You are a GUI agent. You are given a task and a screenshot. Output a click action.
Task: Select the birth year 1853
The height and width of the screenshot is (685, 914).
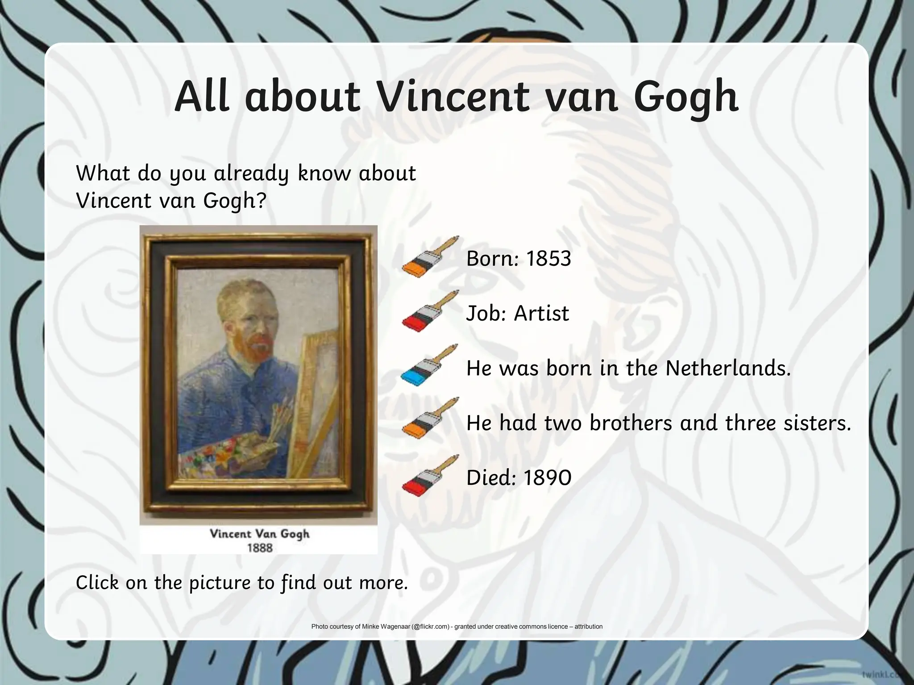click(x=548, y=259)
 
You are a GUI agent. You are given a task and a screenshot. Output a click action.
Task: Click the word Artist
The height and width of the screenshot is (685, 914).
click(x=541, y=314)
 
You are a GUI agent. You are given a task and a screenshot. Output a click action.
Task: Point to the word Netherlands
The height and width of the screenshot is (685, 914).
click(x=728, y=368)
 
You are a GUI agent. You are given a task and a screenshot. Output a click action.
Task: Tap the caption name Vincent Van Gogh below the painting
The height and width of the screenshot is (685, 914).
click(x=259, y=534)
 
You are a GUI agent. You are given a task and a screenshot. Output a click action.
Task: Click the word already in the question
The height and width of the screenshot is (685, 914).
click(x=251, y=173)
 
